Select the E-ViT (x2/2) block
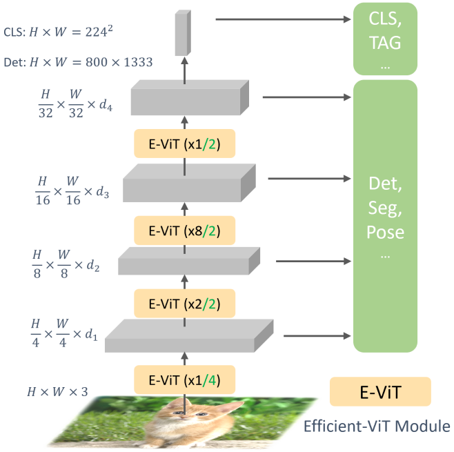point(184,303)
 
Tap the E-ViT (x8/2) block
point(184,228)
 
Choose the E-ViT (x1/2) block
point(184,145)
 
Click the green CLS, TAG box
point(386,38)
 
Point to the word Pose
point(386,233)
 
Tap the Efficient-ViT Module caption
point(377,426)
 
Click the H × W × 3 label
point(57,392)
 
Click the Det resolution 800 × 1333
point(117,62)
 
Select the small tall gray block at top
point(182,33)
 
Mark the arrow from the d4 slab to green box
point(304,97)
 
